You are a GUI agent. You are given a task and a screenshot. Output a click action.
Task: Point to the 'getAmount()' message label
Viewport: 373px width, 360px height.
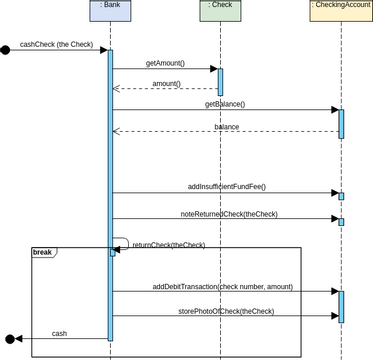165,63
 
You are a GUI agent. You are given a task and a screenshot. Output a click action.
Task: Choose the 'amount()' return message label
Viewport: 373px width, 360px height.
165,83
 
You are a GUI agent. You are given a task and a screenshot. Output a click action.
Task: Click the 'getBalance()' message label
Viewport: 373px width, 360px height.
225,104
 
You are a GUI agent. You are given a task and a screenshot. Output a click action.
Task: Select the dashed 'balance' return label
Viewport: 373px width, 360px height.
226,126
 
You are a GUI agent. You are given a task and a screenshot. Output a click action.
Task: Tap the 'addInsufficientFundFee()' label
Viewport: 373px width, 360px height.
226,187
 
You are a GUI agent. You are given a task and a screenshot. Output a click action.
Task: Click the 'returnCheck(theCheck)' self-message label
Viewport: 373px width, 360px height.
169,245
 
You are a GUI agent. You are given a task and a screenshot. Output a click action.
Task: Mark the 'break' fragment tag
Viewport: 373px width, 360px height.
43,252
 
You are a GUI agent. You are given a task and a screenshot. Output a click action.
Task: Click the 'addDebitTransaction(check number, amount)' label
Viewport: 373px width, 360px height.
223,286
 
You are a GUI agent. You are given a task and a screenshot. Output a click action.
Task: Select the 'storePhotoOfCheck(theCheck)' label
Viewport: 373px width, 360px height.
226,311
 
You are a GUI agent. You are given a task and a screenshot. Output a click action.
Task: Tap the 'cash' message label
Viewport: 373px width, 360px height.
59,333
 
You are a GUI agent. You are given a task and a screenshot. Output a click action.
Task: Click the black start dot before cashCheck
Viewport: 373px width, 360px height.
6,49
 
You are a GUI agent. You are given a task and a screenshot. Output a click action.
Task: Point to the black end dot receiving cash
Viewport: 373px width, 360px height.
10,339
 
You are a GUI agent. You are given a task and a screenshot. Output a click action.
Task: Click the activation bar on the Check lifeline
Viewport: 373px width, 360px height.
220,81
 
